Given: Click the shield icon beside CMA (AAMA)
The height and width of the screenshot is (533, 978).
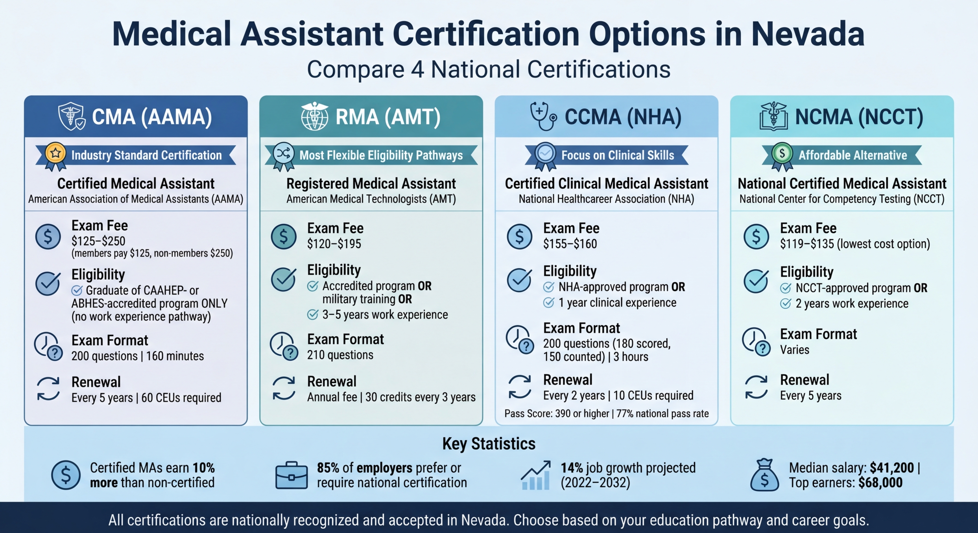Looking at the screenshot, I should [72, 117].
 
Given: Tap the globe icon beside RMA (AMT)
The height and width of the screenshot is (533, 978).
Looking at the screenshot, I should [314, 117].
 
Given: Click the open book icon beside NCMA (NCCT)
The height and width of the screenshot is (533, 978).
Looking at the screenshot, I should [773, 117].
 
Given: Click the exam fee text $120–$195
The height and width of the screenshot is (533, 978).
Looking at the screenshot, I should [334, 244].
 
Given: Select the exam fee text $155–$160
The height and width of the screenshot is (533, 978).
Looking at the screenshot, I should [570, 244].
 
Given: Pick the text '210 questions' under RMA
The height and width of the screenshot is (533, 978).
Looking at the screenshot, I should [340, 355].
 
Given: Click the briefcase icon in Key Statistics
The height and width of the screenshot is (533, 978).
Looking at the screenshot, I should [291, 475].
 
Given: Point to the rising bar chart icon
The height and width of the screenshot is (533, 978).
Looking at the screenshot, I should [535, 475].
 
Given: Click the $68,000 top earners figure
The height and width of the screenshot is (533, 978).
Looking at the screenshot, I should [880, 483].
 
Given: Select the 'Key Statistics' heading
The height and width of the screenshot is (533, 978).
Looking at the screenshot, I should [489, 444].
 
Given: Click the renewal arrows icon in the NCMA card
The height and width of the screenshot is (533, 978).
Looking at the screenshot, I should [756, 387].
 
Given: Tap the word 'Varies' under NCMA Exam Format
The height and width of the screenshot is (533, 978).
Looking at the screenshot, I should [794, 350].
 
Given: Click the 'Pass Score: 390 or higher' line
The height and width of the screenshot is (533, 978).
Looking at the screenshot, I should [557, 414].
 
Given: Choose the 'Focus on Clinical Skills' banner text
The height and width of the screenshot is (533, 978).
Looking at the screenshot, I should [618, 155].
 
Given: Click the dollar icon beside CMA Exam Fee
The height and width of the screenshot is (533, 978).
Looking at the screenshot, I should [48, 237].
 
